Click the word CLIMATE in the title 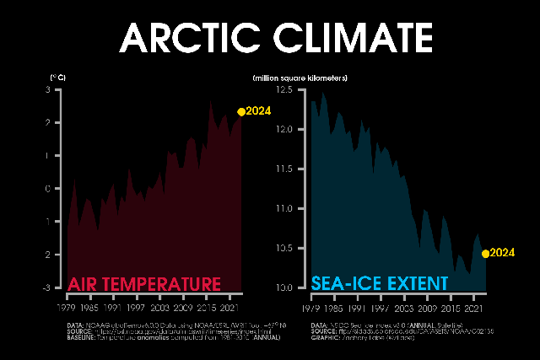pos(344,38)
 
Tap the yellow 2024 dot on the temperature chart pos(241,111)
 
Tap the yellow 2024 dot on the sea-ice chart pos(485,253)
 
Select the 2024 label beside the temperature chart pos(258,111)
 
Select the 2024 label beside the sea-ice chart pos(503,253)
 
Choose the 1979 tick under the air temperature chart pos(67,298)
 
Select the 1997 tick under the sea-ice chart pos(381,298)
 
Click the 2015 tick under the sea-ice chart pos(451,298)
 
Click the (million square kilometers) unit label pos(300,78)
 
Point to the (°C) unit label pos(58,78)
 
